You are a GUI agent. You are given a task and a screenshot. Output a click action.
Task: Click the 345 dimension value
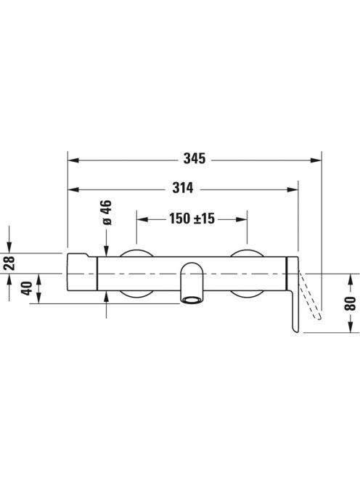[x=195, y=159]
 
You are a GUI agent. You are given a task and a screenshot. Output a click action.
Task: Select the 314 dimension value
[x=183, y=188]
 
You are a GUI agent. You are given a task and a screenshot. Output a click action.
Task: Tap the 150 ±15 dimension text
[x=192, y=218]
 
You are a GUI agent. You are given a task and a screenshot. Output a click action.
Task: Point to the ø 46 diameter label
[x=107, y=213]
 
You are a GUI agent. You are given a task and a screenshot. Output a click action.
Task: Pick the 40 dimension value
[x=27, y=288]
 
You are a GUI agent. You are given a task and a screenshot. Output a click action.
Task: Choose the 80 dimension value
[x=351, y=303]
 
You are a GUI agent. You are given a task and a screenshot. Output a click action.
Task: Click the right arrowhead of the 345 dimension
[x=316, y=160]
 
